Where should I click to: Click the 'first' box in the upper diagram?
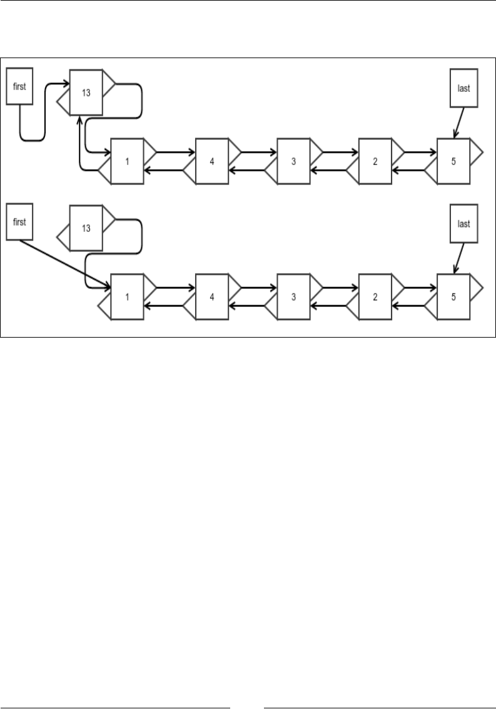[x=19, y=87]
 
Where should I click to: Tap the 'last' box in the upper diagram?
[x=463, y=88]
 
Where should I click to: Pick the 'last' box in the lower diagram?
[x=463, y=224]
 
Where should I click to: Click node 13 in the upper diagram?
[x=86, y=93]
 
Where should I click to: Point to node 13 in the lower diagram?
[x=86, y=228]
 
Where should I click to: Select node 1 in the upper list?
[x=127, y=161]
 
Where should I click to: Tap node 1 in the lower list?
[x=127, y=296]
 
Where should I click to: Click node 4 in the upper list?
[x=212, y=161]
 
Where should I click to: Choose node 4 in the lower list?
[x=212, y=296]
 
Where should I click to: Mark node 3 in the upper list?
[x=293, y=161]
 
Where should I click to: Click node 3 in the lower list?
[x=293, y=296]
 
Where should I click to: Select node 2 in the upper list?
[x=375, y=161]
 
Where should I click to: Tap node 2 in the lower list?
[x=375, y=296]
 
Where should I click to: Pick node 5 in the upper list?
[x=453, y=161]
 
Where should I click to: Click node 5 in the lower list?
[x=453, y=296]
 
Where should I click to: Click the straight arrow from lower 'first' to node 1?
[x=63, y=263]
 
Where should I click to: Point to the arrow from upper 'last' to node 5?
[x=459, y=121]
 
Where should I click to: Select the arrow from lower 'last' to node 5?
[x=459, y=257]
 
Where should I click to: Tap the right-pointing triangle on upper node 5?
[x=475, y=151]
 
